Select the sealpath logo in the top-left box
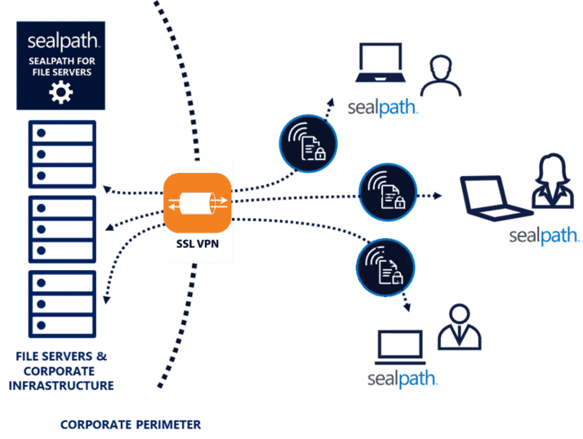pyautogui.click(x=60, y=42)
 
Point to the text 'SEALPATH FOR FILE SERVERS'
pyautogui.click(x=60, y=66)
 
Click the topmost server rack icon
pyautogui.click(x=62, y=154)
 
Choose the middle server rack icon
pyautogui.click(x=62, y=228)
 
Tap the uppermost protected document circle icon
pyautogui.click(x=308, y=143)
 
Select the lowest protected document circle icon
pyautogui.click(x=385, y=267)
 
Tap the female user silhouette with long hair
pyautogui.click(x=552, y=181)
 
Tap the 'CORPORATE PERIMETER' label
pyautogui.click(x=131, y=425)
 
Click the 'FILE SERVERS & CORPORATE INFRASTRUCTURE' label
pyautogui.click(x=62, y=370)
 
